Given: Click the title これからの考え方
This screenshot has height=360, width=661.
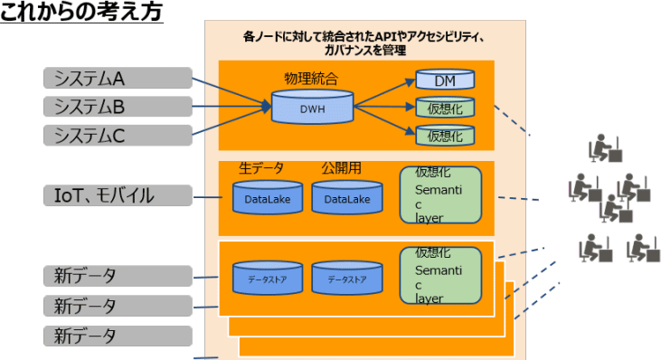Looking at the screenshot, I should (81, 14).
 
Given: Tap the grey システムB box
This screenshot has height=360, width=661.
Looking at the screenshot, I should (118, 108).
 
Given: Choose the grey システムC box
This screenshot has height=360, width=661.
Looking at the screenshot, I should (118, 137).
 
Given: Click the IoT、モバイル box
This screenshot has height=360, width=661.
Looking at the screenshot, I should (118, 195).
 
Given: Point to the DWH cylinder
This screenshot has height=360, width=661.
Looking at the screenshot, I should (312, 109).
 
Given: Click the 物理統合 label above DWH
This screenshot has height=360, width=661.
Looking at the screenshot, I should (312, 80).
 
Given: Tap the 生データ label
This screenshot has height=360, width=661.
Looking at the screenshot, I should (261, 168).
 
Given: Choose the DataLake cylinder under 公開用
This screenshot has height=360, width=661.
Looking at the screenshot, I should (342, 197).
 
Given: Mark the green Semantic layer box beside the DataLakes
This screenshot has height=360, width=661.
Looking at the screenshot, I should (440, 194).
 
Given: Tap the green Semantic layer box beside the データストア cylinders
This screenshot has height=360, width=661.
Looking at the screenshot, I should (440, 275).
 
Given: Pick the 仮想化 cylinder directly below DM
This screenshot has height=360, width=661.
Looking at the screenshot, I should (445, 109).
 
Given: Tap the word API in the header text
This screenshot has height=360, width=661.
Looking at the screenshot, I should (374, 37).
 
